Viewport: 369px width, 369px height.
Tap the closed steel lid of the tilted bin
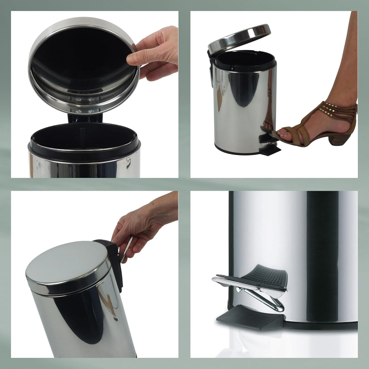[x=66, y=264]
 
